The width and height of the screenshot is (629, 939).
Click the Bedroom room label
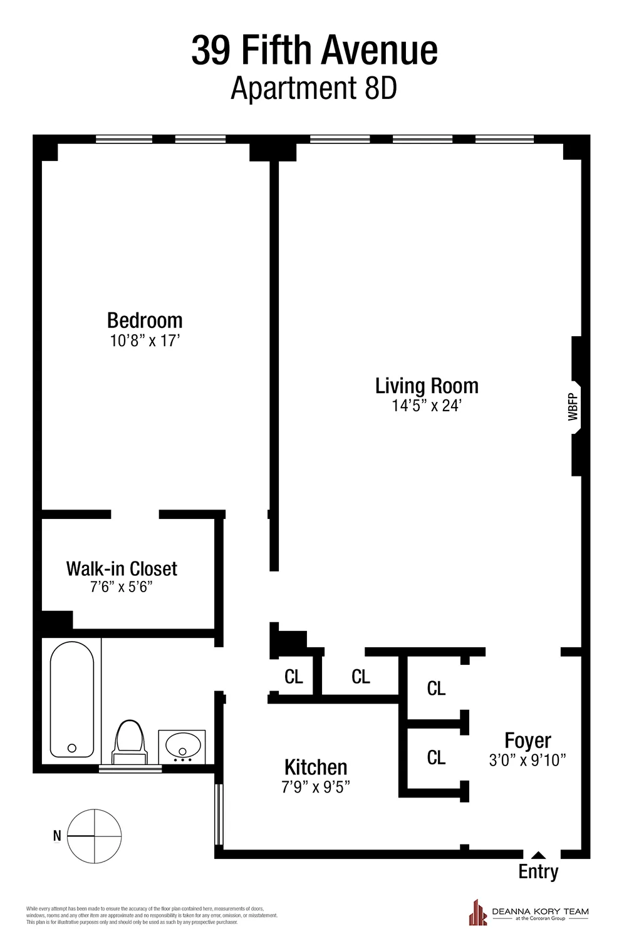145,321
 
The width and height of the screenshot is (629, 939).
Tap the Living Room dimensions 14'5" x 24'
427,406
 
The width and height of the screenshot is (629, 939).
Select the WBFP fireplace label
573,406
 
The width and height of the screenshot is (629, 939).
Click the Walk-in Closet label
122,568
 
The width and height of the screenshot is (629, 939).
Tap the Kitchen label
316,767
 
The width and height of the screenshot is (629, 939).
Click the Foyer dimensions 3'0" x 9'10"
528,760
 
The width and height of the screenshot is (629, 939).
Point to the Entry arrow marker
538,854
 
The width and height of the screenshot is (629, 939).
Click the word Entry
538,871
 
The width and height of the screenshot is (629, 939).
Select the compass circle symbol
94,836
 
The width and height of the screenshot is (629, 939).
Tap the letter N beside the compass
57,836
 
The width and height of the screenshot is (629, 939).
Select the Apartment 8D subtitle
314,88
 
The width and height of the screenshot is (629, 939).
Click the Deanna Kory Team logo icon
478,912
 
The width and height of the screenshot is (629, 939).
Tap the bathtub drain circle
71,747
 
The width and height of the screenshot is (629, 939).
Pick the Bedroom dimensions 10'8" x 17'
145,341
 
